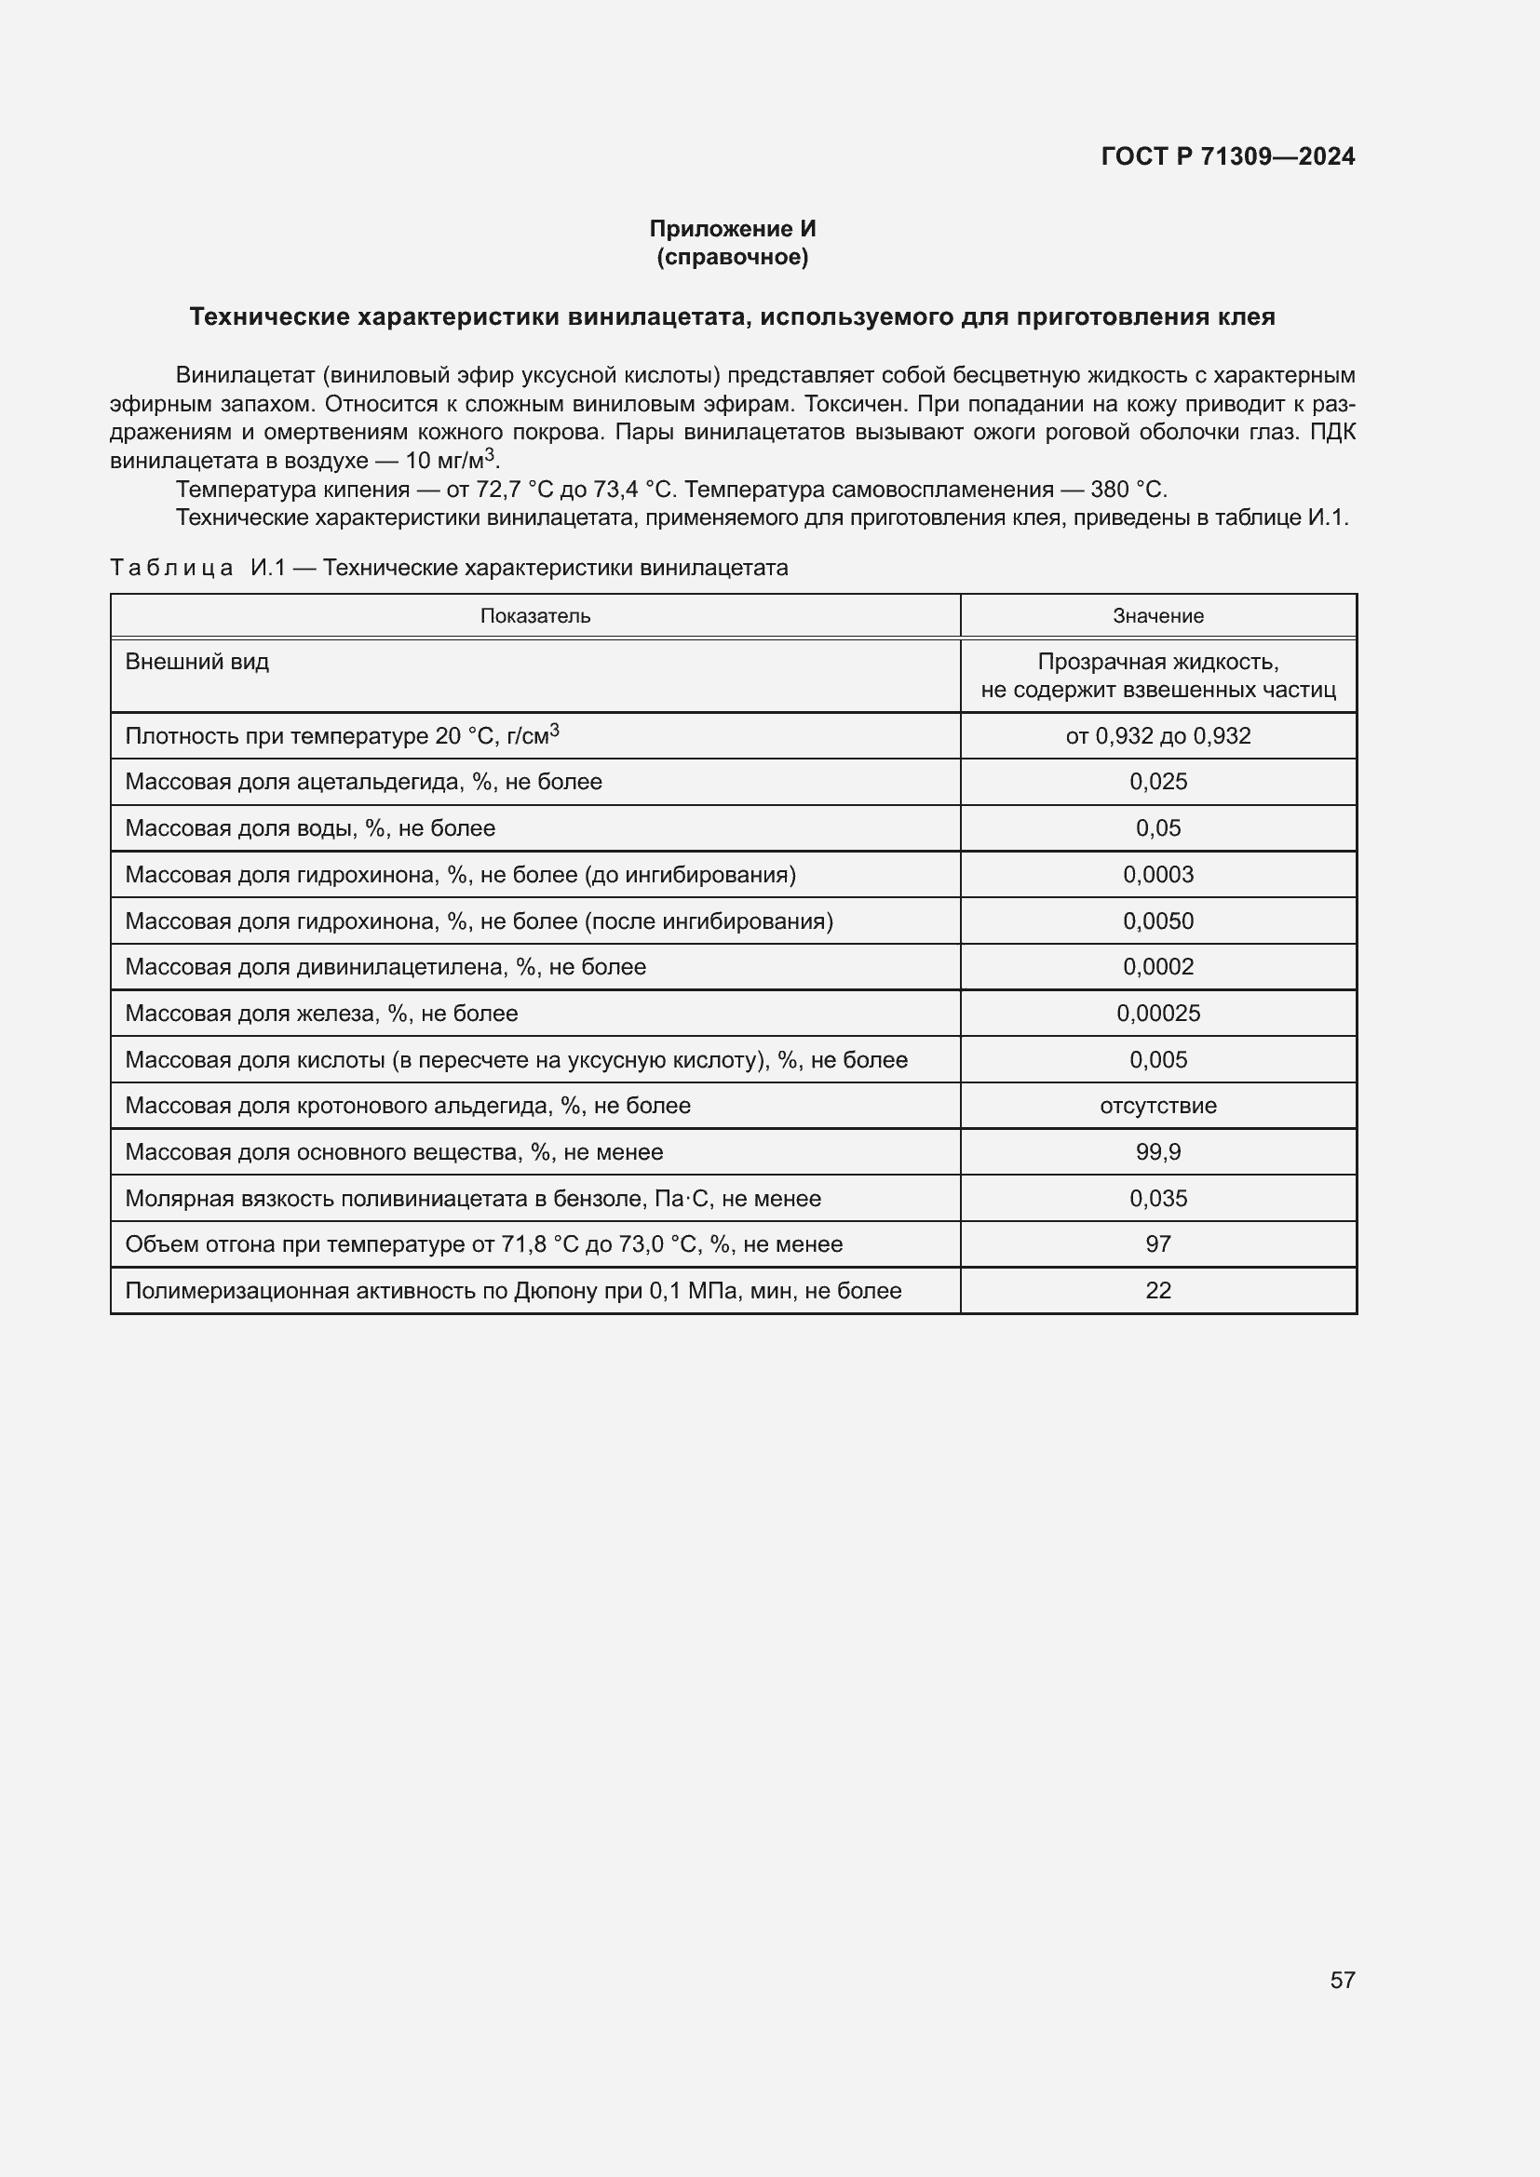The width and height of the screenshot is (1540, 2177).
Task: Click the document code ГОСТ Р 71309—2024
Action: click(1227, 156)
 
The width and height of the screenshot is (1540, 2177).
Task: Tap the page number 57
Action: click(1342, 1980)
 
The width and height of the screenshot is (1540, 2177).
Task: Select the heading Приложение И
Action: click(732, 229)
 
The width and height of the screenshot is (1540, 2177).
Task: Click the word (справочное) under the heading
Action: click(732, 257)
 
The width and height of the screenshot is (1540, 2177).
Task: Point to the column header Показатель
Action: click(534, 616)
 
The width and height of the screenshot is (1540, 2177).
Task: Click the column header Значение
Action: click(1158, 616)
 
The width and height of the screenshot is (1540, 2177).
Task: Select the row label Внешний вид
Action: click(197, 662)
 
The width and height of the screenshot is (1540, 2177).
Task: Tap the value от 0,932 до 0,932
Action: click(1158, 736)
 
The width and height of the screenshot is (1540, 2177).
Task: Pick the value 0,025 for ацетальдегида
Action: click(1158, 782)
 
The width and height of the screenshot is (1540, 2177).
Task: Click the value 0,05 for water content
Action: click(1158, 828)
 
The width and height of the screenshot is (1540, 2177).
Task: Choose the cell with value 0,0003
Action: click(1158, 874)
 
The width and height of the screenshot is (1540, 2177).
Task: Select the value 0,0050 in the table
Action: click(1158, 921)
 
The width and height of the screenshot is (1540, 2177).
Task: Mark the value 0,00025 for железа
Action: click(1158, 1014)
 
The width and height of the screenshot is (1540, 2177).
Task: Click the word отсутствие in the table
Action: click(1158, 1106)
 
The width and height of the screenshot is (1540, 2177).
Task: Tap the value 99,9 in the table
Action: click(1158, 1152)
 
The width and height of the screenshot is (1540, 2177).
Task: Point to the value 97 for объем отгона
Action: click(1158, 1244)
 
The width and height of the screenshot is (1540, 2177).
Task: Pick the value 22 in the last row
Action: click(1158, 1290)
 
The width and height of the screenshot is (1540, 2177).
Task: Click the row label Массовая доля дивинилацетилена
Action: click(385, 967)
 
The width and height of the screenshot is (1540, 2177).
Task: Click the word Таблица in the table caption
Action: click(171, 568)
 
